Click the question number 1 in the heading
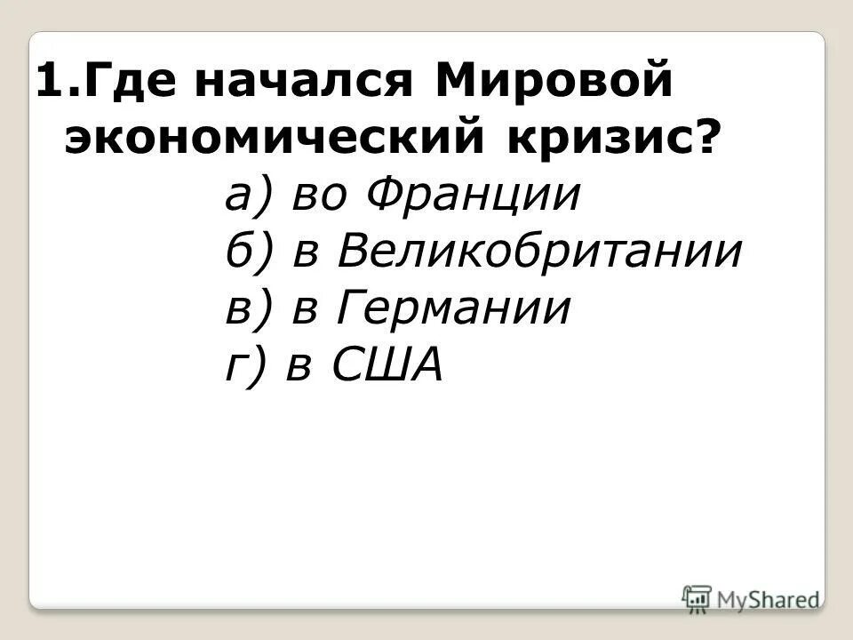point(50,83)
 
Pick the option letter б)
point(247,252)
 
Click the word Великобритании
point(539,252)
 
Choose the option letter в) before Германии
point(246,308)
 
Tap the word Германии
point(453,308)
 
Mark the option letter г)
point(244,364)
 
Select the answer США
point(387,364)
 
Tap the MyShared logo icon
point(698,598)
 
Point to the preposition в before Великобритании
point(307,252)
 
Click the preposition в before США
point(299,365)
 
